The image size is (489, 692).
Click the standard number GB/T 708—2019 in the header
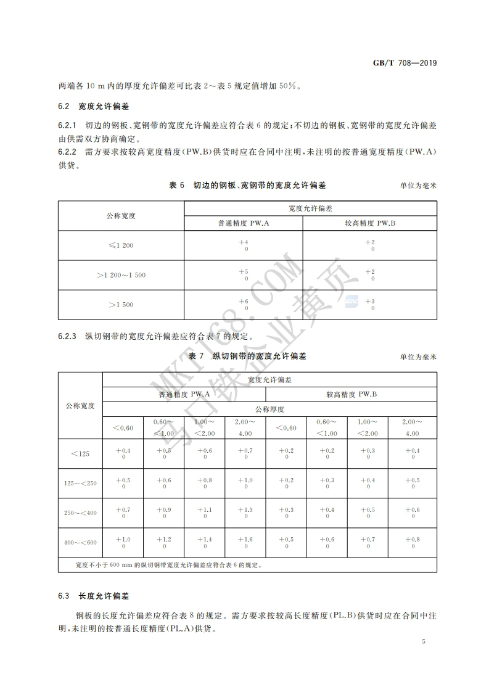click(405, 64)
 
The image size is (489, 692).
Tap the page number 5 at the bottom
click(424, 641)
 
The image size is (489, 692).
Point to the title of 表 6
click(247, 185)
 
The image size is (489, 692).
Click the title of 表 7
click(247, 356)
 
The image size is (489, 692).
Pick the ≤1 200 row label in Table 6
click(121, 245)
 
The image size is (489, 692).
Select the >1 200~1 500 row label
click(121, 275)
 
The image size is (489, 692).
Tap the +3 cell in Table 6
click(370, 304)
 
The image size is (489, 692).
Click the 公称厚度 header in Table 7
click(269, 409)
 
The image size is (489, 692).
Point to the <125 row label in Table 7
click(80, 454)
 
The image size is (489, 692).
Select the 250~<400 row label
click(80, 513)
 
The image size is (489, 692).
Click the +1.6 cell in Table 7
click(245, 542)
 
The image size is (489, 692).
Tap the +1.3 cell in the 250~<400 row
click(245, 513)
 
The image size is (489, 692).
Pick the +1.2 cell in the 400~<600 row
click(163, 542)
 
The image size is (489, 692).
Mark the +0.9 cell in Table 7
click(163, 513)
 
